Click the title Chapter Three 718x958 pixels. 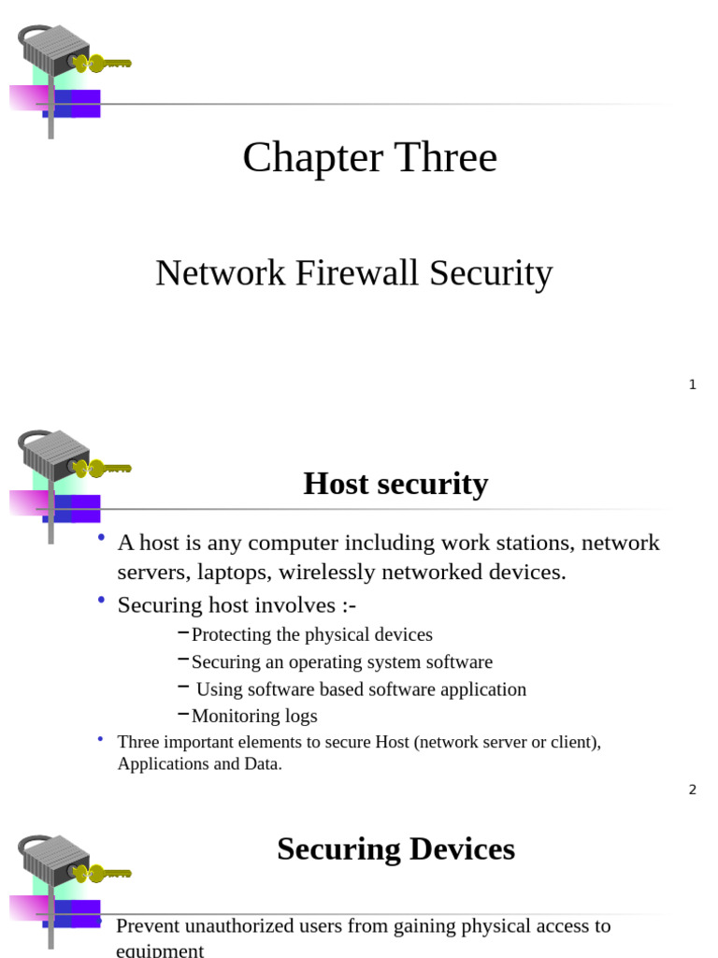369,158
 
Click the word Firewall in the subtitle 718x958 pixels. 356,273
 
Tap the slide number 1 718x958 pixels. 692,385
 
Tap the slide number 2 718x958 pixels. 692,790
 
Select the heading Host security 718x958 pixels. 395,484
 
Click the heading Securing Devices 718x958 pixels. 395,849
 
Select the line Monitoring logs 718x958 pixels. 254,716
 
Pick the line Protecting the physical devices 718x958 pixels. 311,634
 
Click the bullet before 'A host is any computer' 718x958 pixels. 100,538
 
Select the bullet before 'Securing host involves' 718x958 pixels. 100,601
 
